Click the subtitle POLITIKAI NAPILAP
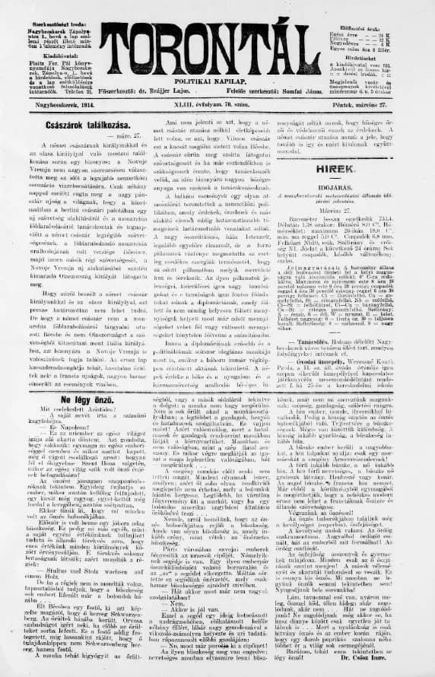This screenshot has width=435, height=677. tap(217, 78)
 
